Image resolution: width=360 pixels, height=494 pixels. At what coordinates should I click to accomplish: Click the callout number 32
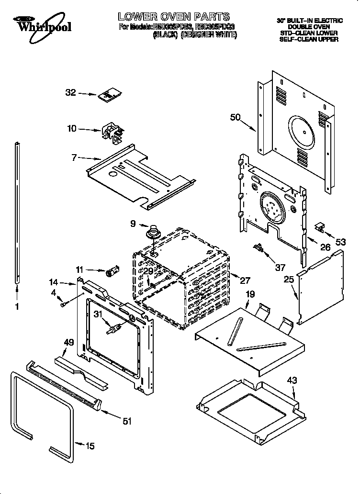click(x=70, y=93)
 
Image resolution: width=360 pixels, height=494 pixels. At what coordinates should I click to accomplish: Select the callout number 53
click(x=340, y=242)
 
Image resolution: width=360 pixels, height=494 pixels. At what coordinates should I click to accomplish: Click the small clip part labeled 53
click(x=320, y=227)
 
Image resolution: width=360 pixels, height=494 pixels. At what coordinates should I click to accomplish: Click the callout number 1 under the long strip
click(x=17, y=307)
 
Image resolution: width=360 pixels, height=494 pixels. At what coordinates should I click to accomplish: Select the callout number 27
click(x=246, y=281)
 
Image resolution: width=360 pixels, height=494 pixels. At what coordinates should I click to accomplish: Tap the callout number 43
click(x=292, y=381)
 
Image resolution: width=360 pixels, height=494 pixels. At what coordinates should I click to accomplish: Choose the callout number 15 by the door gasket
click(x=90, y=446)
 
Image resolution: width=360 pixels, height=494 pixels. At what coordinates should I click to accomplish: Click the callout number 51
click(x=127, y=421)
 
